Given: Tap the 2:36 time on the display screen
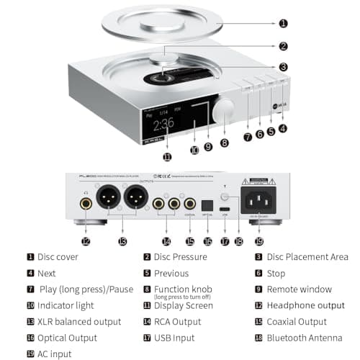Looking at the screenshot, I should tap(163, 123).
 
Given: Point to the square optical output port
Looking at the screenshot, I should tap(207, 204).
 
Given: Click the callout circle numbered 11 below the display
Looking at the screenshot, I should tap(167, 157).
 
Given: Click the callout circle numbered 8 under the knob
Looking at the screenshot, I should tap(224, 143).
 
